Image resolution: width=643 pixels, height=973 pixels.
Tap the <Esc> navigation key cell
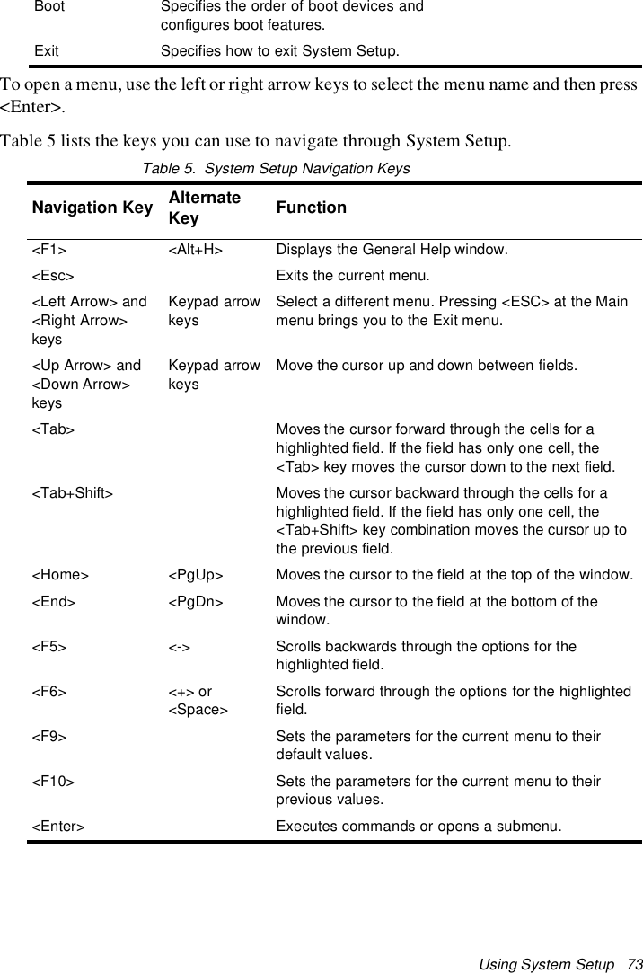coord(53,275)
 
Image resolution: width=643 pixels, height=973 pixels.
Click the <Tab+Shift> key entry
coord(72,492)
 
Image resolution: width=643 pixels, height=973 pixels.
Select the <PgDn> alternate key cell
coord(196,601)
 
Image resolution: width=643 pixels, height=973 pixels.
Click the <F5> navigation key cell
coord(48,646)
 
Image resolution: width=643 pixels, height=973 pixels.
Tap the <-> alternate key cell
coord(180,646)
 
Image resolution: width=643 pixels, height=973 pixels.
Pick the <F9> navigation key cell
coord(48,736)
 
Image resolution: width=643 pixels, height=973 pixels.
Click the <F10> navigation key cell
coord(53,781)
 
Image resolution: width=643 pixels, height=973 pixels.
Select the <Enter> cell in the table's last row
coord(58,826)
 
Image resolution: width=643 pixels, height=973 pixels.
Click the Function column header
coord(311,208)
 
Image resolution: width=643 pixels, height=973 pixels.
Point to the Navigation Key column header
coord(92,208)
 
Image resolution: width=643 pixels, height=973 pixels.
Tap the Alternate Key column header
coord(204,208)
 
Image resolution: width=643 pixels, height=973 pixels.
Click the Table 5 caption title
coord(276,168)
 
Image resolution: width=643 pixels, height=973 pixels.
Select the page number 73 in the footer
coord(636,964)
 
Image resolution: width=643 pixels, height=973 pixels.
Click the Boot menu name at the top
coord(49,7)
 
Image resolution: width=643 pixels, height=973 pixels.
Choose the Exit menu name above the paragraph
coord(47,50)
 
